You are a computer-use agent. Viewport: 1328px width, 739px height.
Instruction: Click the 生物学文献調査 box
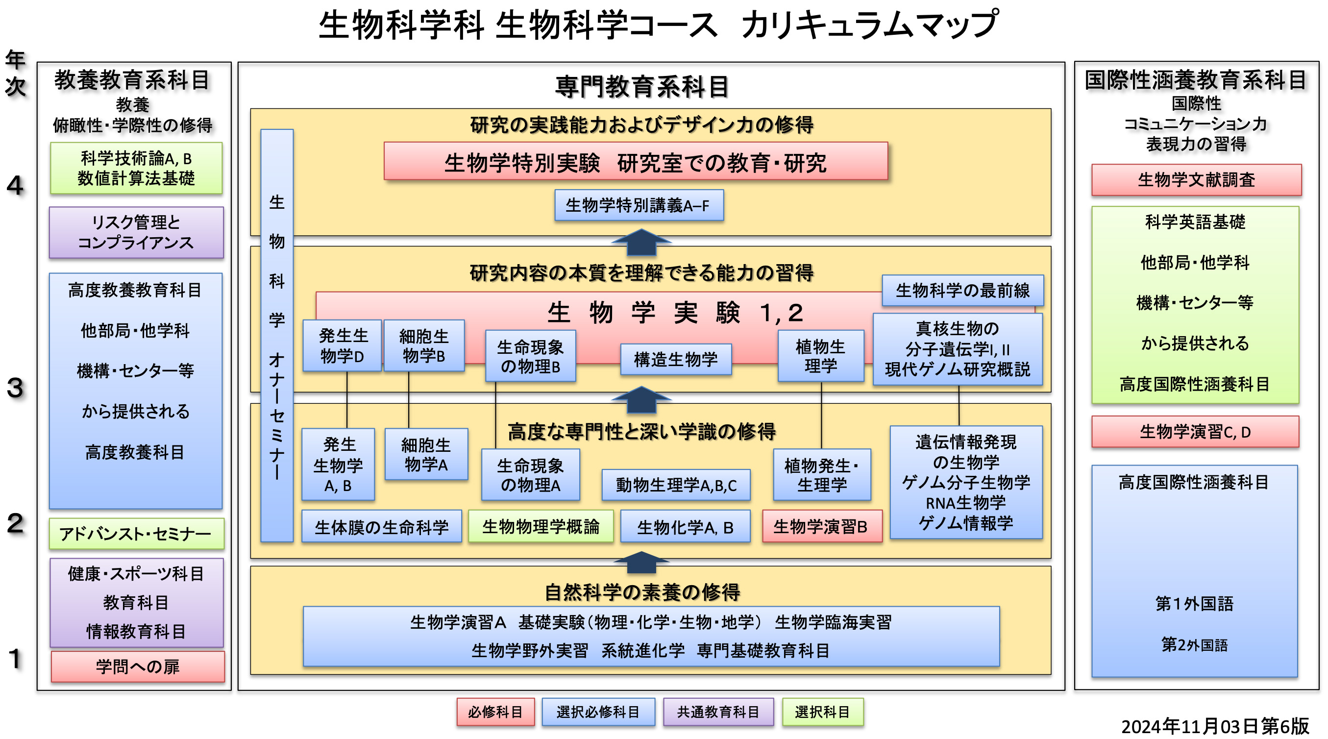click(1196, 180)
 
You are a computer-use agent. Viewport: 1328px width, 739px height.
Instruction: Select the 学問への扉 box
click(137, 666)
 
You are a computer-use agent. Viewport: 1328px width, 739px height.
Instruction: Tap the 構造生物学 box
click(675, 359)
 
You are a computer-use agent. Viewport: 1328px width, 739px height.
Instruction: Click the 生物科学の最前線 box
click(962, 290)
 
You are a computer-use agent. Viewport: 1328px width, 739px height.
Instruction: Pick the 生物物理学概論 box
click(541, 526)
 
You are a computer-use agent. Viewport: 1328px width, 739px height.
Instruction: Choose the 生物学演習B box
click(821, 526)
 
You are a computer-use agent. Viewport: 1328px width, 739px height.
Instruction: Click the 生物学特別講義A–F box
click(638, 205)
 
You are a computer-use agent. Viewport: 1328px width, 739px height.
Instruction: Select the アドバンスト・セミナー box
click(136, 534)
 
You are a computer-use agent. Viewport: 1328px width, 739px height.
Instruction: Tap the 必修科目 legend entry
click(495, 712)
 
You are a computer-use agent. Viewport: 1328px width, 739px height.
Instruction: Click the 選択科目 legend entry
click(822, 712)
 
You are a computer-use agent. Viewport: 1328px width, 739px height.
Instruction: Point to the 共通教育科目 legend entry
click(718, 712)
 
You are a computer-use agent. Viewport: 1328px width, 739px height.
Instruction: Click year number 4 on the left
click(16, 186)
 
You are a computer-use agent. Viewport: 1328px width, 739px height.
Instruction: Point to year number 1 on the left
click(16, 659)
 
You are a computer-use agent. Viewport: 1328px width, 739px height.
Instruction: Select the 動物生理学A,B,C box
click(675, 485)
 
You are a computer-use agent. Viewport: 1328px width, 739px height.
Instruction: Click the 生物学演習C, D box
click(1195, 432)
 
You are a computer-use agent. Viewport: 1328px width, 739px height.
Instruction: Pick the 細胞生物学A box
click(426, 454)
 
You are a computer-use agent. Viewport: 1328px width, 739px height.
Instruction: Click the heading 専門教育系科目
click(642, 87)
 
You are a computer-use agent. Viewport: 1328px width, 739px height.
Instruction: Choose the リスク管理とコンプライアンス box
click(136, 233)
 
